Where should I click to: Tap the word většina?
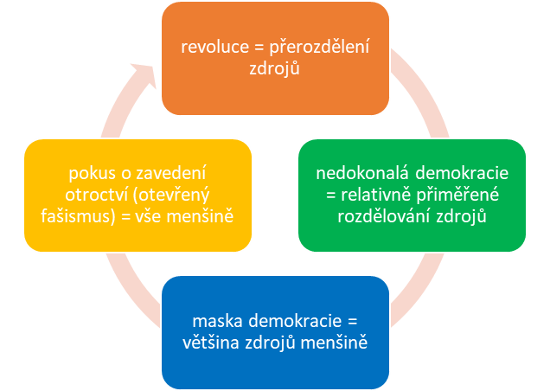pos(213,344)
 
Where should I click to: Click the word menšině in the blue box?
pos(336,344)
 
